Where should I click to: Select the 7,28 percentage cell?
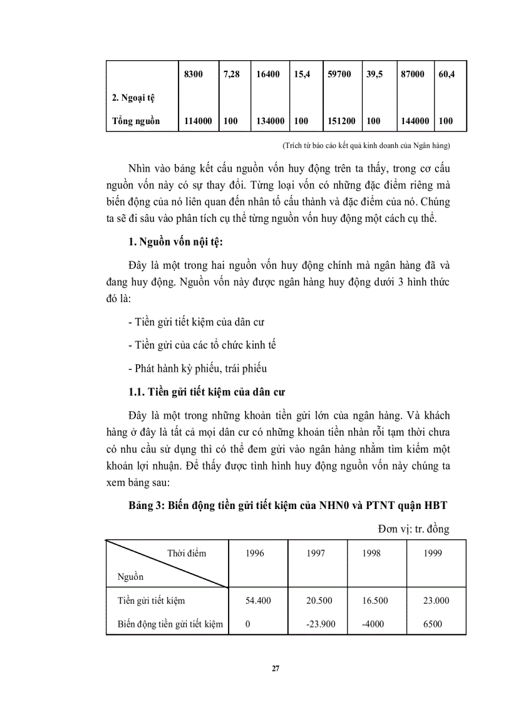point(231,74)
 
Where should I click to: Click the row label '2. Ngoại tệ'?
point(133,98)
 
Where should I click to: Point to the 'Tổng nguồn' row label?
point(136,121)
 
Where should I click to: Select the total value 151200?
point(341,121)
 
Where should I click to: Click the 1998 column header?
point(374,553)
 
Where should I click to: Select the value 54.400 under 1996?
point(258,600)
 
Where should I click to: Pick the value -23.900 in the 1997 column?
point(319,624)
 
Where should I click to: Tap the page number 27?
point(276,668)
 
